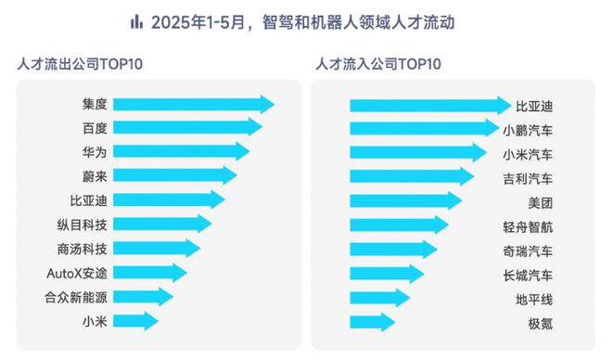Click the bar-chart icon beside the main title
tap(136, 20)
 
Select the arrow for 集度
tap(196, 104)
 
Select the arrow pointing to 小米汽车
tap(418, 153)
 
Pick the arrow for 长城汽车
tap(388, 274)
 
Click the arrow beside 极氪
tap(374, 322)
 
